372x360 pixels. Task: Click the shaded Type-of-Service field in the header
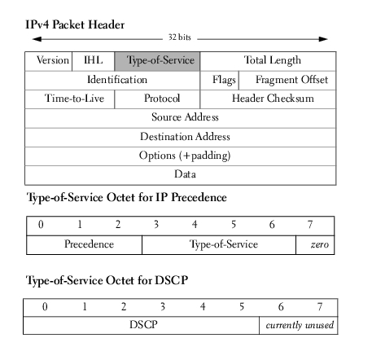tap(157, 61)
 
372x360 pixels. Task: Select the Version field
tap(49, 61)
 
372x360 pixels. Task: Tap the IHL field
tap(94, 61)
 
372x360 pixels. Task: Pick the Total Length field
tap(268, 61)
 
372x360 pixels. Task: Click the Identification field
tap(112, 81)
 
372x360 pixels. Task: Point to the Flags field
tap(220, 81)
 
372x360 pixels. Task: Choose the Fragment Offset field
tap(287, 81)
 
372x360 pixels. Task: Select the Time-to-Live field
tap(70, 99)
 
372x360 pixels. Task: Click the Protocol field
tap(157, 99)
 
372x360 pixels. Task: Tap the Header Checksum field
tap(268, 99)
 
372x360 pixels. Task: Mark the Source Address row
tap(181, 118)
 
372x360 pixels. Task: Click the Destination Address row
tap(181, 138)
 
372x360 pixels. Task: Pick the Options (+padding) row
tap(181, 156)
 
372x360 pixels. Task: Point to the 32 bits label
tap(180, 37)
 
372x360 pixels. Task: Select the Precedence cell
tap(85, 245)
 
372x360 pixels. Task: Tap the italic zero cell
tap(315, 245)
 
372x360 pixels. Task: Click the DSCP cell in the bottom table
tap(142, 325)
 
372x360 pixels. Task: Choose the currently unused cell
tap(299, 325)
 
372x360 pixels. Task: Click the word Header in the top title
tap(107, 24)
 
